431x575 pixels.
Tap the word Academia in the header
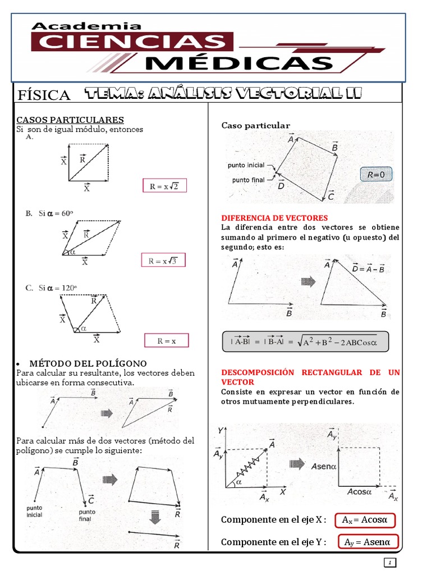pos(86,26)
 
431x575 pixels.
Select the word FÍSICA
pos(44,95)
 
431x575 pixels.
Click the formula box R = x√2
pos(163,186)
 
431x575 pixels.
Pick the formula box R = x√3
pos(163,261)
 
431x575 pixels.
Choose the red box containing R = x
pos(167,340)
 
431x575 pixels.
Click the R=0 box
pos(376,175)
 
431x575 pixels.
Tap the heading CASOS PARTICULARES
pos(70,120)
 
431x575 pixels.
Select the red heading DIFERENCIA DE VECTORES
pos(274,218)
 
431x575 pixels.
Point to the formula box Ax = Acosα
pos(365,520)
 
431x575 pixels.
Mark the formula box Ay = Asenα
pos(368,542)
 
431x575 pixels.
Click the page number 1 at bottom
pos(391,563)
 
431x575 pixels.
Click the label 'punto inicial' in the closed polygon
pos(246,166)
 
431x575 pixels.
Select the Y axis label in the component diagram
pos(221,430)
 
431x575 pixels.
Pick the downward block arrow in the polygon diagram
pos(155,517)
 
